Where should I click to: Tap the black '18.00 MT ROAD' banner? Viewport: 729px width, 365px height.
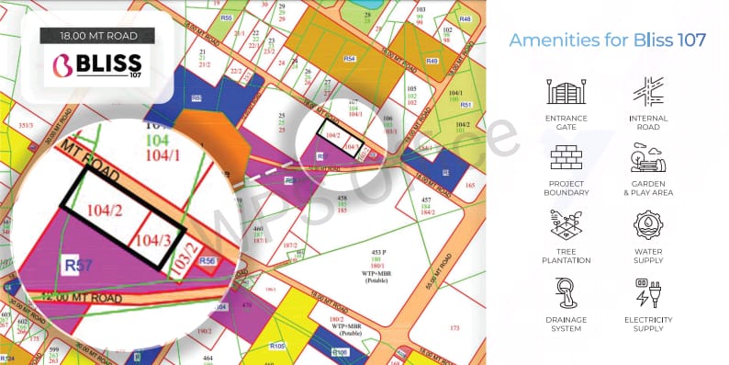[x=98, y=36]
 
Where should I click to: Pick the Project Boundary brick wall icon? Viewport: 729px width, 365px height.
[x=566, y=158]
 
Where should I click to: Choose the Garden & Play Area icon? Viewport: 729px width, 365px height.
[x=649, y=158]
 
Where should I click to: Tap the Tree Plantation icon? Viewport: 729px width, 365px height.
[x=566, y=225]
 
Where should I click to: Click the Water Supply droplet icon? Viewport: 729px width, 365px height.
[x=649, y=225]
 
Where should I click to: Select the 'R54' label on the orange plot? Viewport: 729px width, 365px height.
[x=349, y=59]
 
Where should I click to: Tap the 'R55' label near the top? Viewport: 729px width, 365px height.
[x=227, y=17]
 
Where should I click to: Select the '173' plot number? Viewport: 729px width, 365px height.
[x=454, y=326]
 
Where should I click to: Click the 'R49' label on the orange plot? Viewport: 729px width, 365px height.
[x=431, y=61]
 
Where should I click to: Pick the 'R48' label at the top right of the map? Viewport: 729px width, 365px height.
[x=465, y=18]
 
